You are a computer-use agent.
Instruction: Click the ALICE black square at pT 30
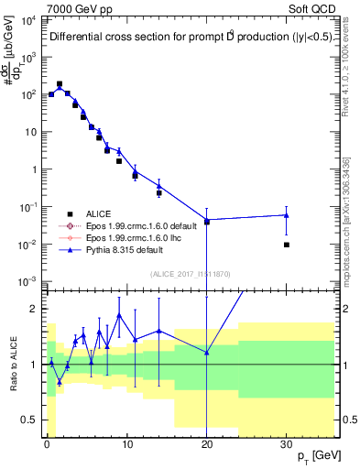point(287,245)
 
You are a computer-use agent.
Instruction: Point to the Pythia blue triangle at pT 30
point(287,215)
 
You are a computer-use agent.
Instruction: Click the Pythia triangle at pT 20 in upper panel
point(207,221)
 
